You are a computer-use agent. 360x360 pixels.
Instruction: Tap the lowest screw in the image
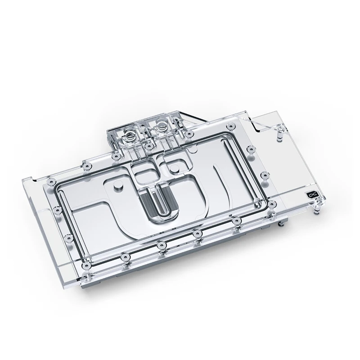[124, 257]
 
